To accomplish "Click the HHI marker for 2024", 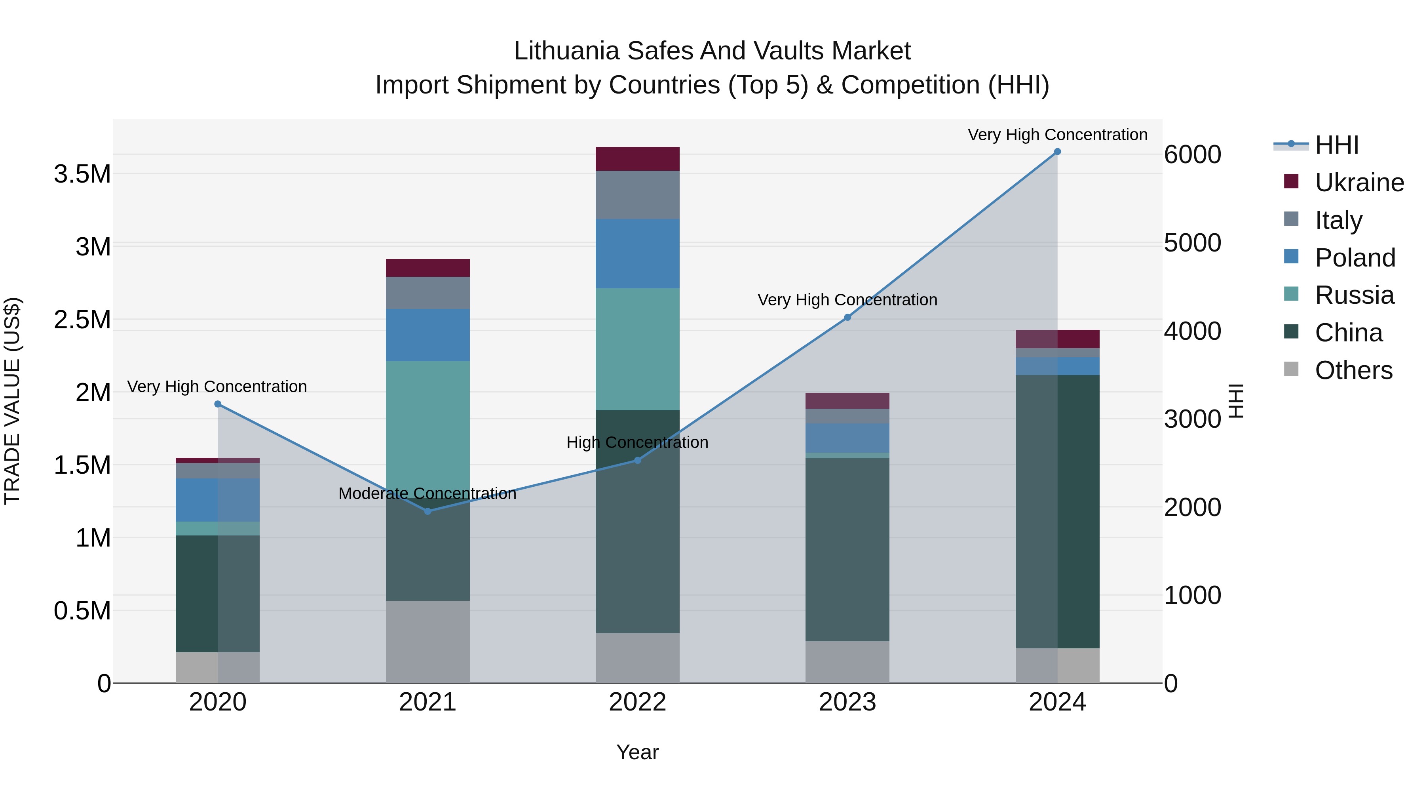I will pos(1057,152).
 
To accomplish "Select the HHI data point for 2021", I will pos(427,511).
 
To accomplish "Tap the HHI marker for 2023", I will pos(847,317).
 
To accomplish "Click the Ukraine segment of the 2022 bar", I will pos(637,159).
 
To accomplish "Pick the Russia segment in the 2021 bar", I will pos(427,426).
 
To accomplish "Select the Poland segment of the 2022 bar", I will pos(637,253).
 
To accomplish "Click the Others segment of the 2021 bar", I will pos(427,642).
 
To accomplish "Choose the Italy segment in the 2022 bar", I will pos(637,195).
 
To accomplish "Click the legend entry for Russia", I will pos(1354,295).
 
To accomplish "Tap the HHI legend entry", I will pos(1336,145).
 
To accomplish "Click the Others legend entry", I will pos(1353,370).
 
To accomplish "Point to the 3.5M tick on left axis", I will pos(82,174).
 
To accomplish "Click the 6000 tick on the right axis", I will pos(1193,154).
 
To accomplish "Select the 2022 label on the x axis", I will pos(637,702).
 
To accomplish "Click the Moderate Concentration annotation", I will pos(427,493).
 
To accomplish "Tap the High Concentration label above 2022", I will pos(637,442).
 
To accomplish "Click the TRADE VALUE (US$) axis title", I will pos(12,401).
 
